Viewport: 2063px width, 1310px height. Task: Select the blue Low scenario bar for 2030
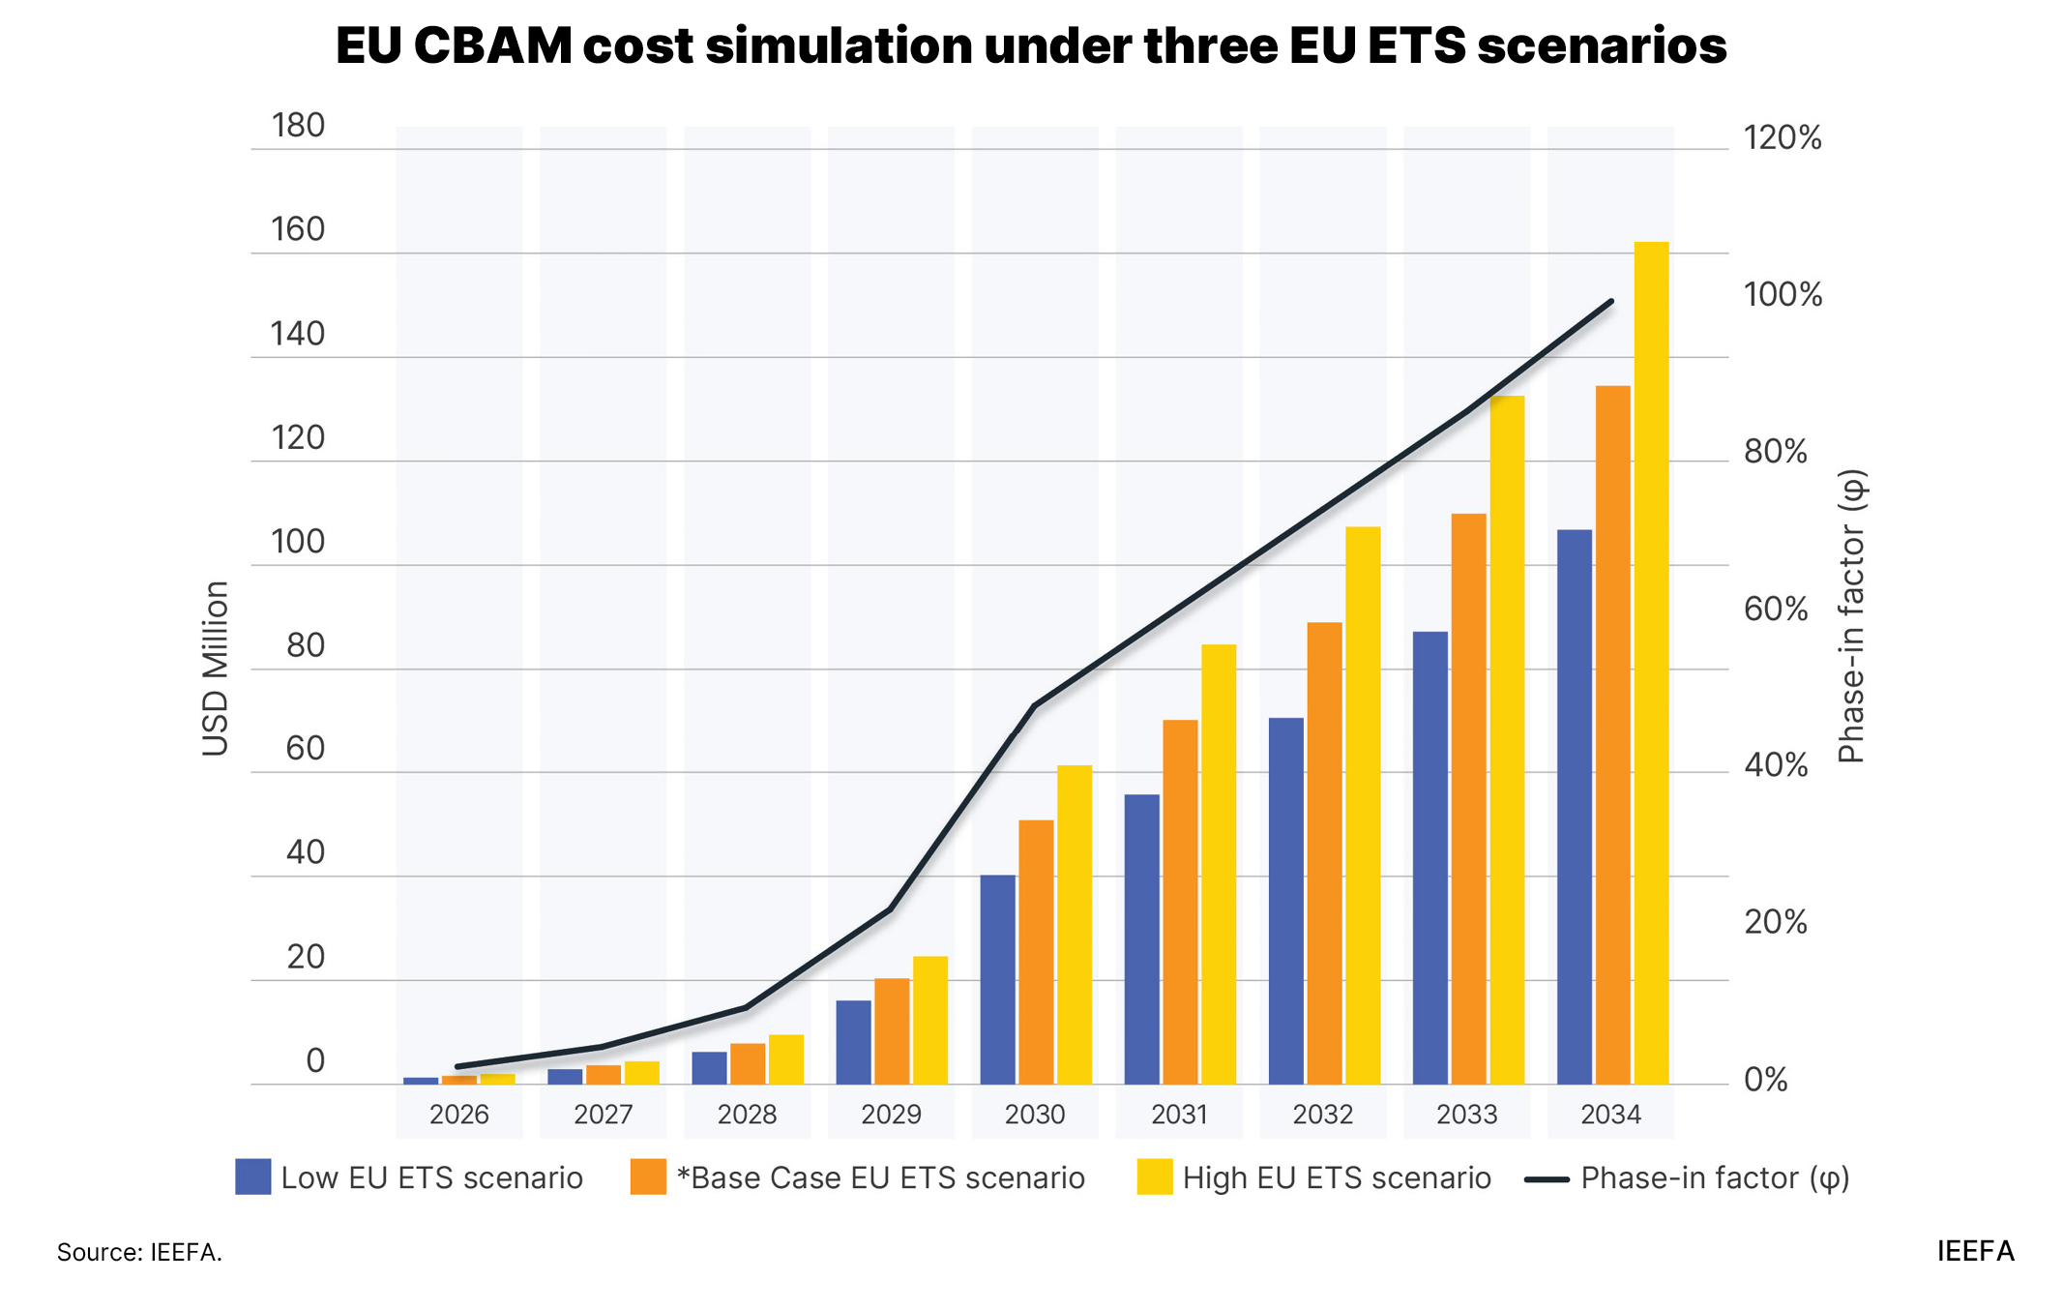pyautogui.click(x=997, y=979)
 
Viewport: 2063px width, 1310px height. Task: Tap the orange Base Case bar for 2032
pyautogui.click(x=1324, y=852)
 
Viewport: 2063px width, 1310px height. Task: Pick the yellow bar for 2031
pyautogui.click(x=1219, y=864)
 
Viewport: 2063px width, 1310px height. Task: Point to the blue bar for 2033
pyautogui.click(x=1429, y=857)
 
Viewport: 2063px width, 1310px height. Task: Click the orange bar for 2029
pyautogui.click(x=892, y=1030)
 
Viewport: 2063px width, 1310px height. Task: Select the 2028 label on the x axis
pyautogui.click(x=747, y=1115)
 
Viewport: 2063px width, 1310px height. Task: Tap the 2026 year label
pyautogui.click(x=458, y=1115)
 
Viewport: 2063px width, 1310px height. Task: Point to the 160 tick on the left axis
pyautogui.click(x=298, y=229)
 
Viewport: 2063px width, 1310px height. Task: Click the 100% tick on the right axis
pyautogui.click(x=1783, y=294)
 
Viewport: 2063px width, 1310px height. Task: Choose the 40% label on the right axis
pyautogui.click(x=1776, y=765)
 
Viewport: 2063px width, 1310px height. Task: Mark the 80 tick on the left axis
pyautogui.click(x=305, y=645)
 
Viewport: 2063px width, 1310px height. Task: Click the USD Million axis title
pyautogui.click(x=215, y=669)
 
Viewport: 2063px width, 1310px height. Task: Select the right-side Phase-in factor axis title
pyautogui.click(x=1851, y=616)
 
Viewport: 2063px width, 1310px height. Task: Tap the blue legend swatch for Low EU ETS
pyautogui.click(x=252, y=1176)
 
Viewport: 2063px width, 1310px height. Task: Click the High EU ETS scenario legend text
pyautogui.click(x=1336, y=1177)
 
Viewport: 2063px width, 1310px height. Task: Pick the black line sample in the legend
pyautogui.click(x=1546, y=1179)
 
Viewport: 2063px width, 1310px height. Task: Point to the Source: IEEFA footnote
pyautogui.click(x=139, y=1252)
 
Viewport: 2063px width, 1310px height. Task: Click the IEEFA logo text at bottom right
pyautogui.click(x=1975, y=1251)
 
